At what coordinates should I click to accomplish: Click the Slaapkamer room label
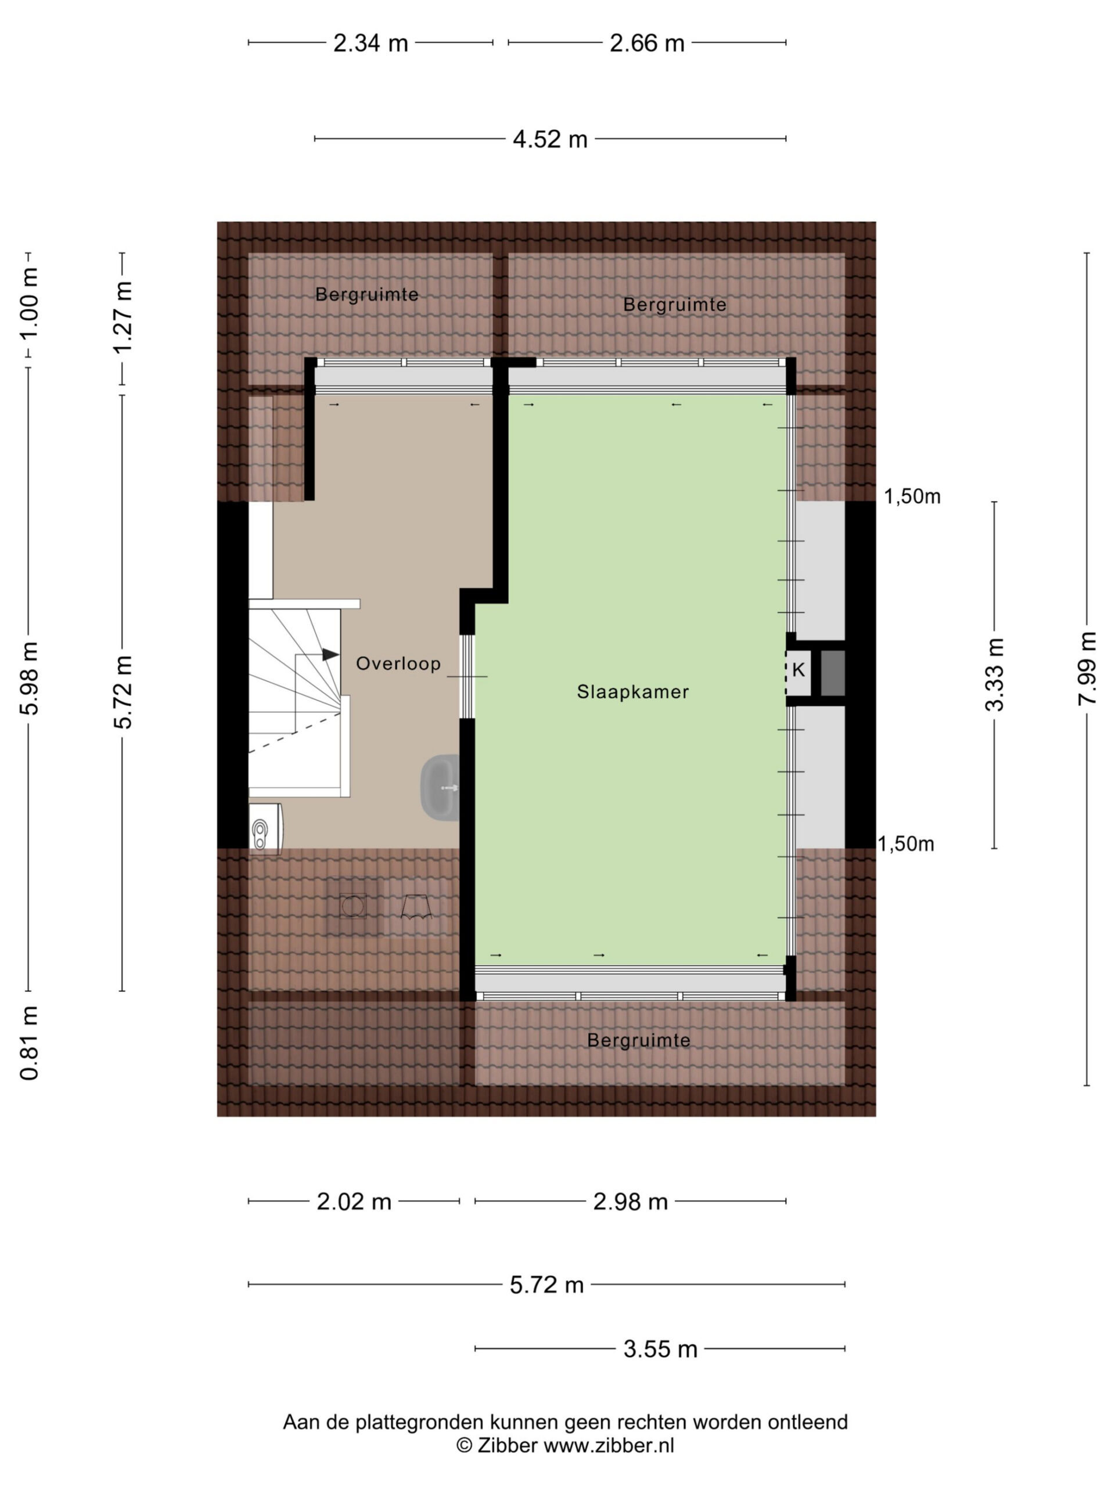point(632,691)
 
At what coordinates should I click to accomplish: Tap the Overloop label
point(398,663)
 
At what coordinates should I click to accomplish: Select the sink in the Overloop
point(440,787)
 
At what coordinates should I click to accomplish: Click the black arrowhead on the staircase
point(330,654)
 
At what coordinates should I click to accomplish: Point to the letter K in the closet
point(799,669)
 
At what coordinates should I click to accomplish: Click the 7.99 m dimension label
point(1087,669)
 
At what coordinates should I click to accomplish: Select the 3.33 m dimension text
point(994,675)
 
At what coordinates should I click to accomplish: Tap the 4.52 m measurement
point(550,139)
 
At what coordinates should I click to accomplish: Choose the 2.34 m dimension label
point(371,43)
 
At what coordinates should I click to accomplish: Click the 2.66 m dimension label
point(646,43)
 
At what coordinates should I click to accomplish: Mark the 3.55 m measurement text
point(660,1348)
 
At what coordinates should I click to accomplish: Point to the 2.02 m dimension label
point(354,1201)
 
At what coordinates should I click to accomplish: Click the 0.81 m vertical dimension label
point(29,1043)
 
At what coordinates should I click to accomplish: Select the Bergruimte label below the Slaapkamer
point(638,1040)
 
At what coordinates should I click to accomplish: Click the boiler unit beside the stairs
point(265,829)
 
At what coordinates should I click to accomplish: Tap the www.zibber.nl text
point(608,1445)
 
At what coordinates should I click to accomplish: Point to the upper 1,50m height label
point(912,496)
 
